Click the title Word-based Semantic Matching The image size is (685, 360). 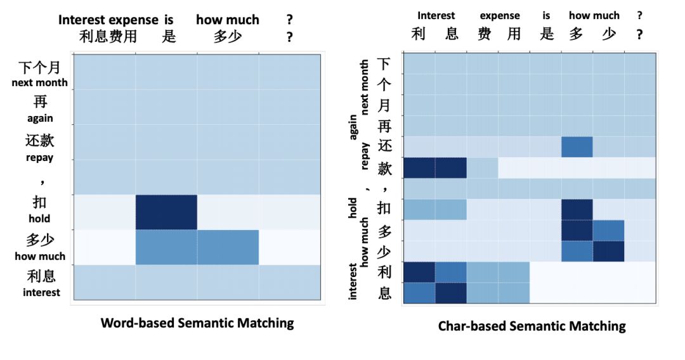click(x=197, y=323)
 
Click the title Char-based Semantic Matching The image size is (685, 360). click(x=532, y=326)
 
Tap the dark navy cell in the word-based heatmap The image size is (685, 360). click(x=166, y=212)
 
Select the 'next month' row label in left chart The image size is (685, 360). click(x=39, y=82)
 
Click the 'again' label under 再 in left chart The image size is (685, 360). click(x=40, y=118)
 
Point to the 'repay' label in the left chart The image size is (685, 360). click(x=40, y=157)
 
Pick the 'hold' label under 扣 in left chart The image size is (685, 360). click(x=39, y=219)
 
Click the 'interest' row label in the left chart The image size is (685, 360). click(x=41, y=292)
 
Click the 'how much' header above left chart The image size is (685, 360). click(x=228, y=20)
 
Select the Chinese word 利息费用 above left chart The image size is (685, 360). click(x=108, y=36)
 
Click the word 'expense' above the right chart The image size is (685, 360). click(x=500, y=15)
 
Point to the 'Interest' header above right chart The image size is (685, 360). click(x=436, y=15)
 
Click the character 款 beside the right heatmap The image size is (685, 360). click(x=384, y=168)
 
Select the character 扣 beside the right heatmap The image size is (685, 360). click(x=384, y=209)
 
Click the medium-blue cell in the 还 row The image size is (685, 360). click(x=577, y=147)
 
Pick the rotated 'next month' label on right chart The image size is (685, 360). click(x=365, y=87)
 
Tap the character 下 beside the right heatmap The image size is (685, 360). click(x=384, y=64)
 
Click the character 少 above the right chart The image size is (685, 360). click(x=608, y=34)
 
